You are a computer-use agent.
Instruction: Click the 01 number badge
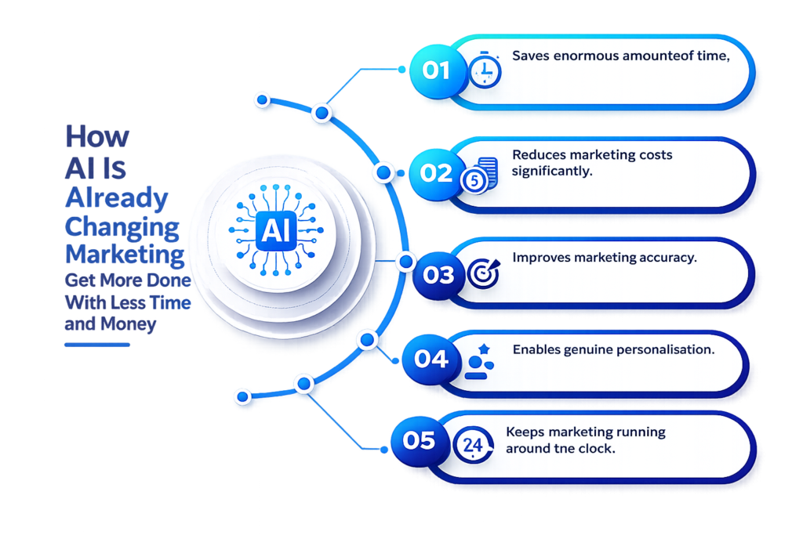click(436, 71)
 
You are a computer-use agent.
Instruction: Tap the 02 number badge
click(436, 174)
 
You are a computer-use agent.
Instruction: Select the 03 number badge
click(438, 275)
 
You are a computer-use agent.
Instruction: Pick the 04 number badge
click(431, 359)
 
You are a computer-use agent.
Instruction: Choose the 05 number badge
click(420, 441)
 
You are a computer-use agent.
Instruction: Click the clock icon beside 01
click(485, 70)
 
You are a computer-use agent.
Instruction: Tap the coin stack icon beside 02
click(480, 175)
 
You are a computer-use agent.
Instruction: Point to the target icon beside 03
click(483, 273)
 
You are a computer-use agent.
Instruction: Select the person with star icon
click(479, 362)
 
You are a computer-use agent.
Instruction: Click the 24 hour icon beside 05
click(473, 444)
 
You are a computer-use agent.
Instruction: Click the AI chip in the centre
click(276, 230)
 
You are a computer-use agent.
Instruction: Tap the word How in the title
click(97, 136)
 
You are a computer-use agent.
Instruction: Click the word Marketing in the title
click(125, 255)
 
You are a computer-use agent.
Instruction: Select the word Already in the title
click(117, 197)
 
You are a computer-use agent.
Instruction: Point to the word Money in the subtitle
click(128, 324)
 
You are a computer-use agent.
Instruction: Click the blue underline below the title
click(96, 345)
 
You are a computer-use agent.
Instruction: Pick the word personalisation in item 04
click(665, 350)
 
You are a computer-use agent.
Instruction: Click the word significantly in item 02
click(552, 172)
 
